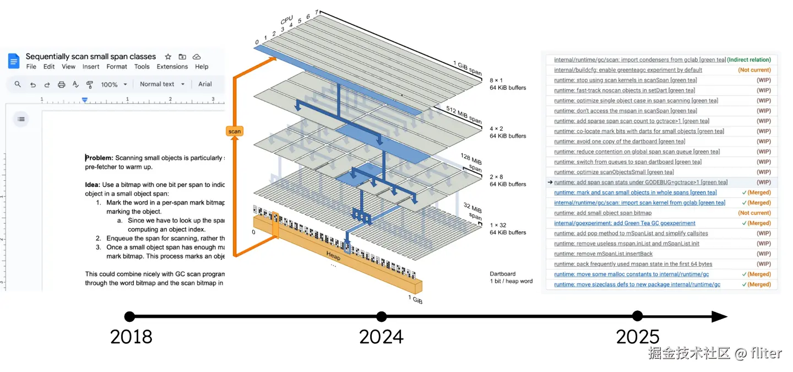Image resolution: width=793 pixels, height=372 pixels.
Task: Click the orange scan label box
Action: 235,132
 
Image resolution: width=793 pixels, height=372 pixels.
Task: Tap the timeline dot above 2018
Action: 129,316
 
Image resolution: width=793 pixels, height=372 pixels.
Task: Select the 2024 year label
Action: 381,337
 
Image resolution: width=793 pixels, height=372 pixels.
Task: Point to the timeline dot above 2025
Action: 637,316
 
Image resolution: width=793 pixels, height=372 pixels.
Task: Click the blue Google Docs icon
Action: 14,61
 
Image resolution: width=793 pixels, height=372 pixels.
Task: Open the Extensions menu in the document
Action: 172,67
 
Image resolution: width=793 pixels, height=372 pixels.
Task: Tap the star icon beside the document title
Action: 168,57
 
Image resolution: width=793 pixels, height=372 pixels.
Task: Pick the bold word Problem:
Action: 99,158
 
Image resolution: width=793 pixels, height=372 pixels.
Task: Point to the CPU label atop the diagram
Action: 287,21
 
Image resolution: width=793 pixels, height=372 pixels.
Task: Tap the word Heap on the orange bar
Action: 333,256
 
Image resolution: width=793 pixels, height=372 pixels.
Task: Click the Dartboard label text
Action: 502,273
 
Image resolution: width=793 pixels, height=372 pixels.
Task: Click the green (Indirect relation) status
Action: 748,60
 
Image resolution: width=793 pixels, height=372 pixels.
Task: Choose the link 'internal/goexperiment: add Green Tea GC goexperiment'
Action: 624,223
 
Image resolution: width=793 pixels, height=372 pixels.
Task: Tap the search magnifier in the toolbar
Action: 18,84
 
